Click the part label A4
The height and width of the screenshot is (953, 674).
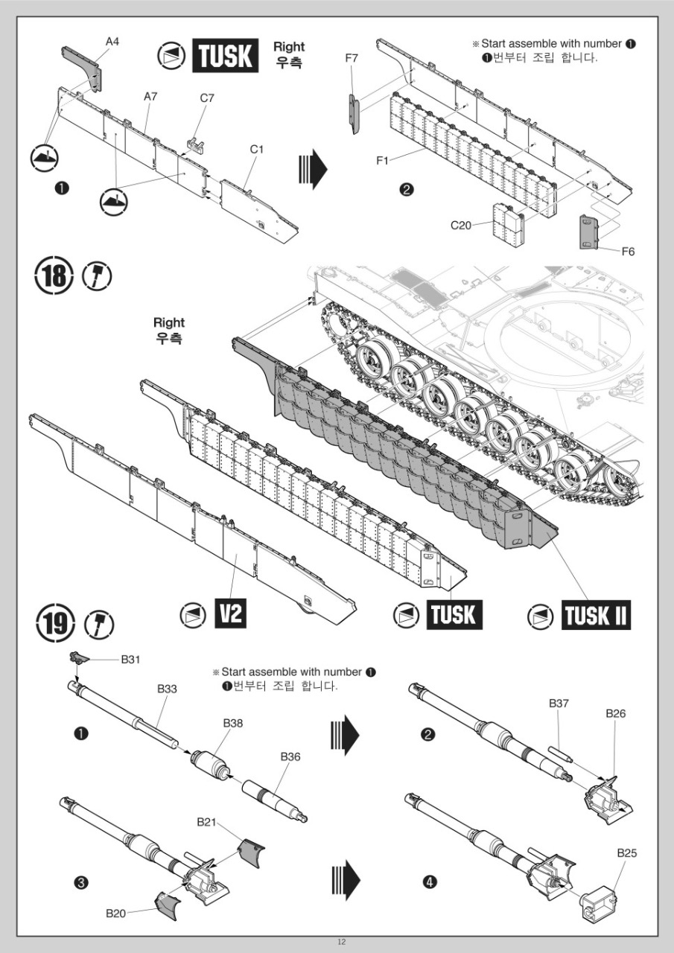point(112,42)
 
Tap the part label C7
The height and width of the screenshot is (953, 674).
point(207,98)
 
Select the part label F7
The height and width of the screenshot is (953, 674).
point(352,58)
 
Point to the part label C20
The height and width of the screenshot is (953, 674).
point(461,226)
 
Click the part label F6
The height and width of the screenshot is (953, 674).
point(628,252)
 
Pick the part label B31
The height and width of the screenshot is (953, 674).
point(132,659)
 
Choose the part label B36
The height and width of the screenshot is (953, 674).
point(290,756)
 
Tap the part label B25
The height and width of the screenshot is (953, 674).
point(627,852)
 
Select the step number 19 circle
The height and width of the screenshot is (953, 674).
point(55,624)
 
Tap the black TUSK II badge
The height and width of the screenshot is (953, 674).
point(596,616)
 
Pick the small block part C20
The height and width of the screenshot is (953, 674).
point(506,225)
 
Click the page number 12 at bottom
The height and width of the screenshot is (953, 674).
point(341,942)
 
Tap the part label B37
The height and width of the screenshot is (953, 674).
point(559,704)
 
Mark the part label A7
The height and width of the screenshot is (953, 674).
point(150,97)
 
